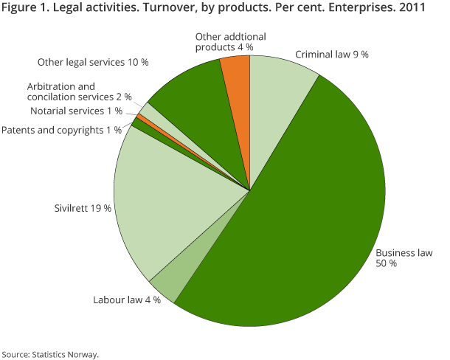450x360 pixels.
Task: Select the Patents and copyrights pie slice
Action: (x=136, y=123)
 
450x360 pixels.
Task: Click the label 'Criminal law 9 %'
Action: (x=332, y=55)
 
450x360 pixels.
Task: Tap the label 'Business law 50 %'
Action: (x=404, y=258)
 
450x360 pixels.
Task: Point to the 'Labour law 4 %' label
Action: (x=126, y=300)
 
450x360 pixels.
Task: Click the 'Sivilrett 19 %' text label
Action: (x=83, y=209)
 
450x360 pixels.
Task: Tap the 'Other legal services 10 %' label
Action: (x=92, y=62)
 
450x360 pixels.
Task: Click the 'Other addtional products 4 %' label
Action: (x=225, y=41)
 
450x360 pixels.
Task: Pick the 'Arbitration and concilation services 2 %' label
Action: (x=79, y=91)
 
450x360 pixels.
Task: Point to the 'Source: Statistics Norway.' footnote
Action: (x=50, y=353)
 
